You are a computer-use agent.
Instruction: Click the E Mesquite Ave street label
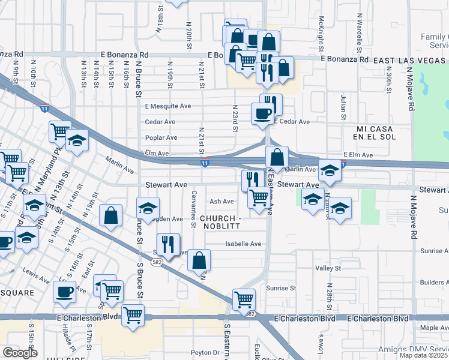click(167, 106)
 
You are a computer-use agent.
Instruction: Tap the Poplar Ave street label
click(161, 137)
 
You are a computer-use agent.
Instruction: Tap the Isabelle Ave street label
click(243, 244)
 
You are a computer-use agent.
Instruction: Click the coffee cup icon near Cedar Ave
click(262, 113)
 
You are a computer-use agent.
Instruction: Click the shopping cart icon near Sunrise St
click(244, 299)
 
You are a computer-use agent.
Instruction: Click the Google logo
click(20, 353)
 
